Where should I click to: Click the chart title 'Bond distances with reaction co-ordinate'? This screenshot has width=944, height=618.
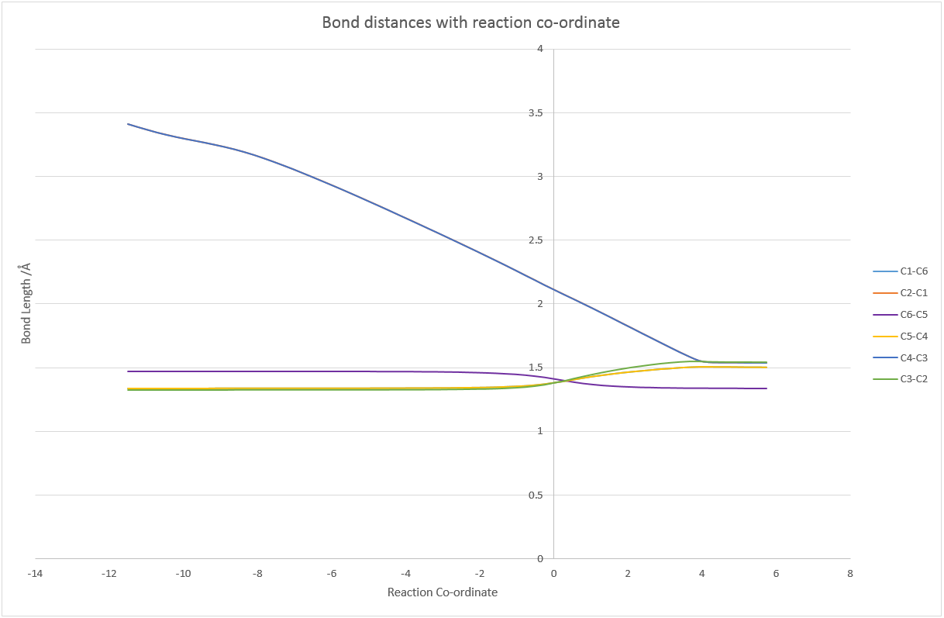[470, 22]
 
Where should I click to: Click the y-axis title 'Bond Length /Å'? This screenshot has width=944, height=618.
[26, 303]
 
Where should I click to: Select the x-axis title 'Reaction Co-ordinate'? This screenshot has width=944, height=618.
[442, 592]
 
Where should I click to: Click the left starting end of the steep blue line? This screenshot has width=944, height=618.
[128, 124]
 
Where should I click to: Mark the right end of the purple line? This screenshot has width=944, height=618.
[767, 388]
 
